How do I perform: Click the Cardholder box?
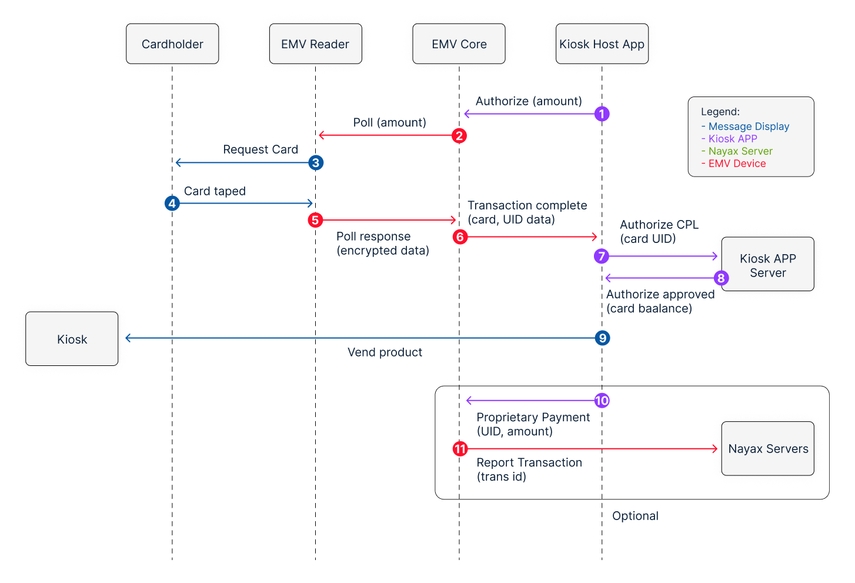172,44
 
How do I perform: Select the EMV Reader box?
315,44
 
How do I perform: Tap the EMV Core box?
459,44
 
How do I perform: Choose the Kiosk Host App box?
602,44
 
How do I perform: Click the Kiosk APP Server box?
767,264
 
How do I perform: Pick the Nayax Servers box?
767,449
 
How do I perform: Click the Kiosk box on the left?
72,339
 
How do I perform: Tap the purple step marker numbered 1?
602,114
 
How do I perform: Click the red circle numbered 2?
459,135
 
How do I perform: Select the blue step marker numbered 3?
316,162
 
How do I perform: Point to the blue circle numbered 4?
172,203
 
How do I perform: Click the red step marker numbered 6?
460,236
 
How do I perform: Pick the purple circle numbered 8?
721,278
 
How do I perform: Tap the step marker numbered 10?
602,401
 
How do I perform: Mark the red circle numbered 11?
460,449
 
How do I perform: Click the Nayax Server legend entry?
737,151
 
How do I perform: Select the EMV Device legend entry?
734,164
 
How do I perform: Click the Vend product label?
385,352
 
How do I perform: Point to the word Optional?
635,516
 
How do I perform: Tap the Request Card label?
260,149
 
